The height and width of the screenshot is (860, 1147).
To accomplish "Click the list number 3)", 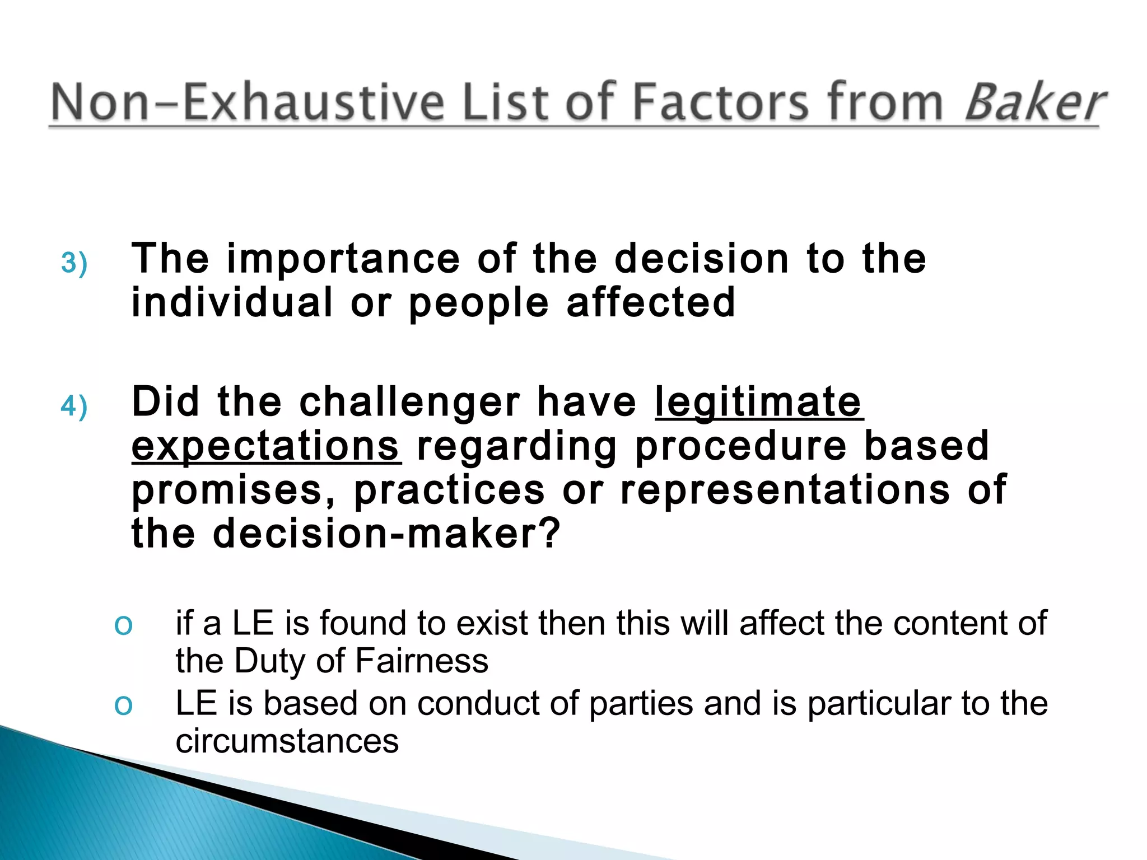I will [x=74, y=263].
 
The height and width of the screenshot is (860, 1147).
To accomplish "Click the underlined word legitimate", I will [x=758, y=402].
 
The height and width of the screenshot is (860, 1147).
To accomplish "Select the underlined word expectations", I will [x=266, y=446].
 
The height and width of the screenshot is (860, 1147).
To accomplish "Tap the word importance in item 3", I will [x=343, y=259].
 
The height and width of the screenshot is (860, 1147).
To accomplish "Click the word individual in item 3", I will [x=232, y=302].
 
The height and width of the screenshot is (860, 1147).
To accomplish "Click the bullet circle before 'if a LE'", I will [x=123, y=625].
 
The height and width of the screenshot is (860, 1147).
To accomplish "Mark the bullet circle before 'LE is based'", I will [x=123, y=705].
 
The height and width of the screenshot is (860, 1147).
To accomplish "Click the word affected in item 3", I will [x=650, y=302].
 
